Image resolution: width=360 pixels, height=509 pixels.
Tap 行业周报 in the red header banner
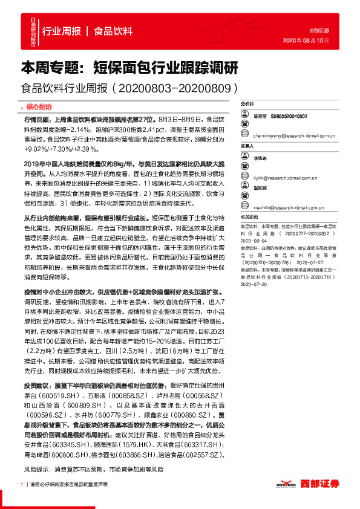(x=61, y=31)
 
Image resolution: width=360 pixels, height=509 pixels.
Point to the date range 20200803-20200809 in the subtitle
(x=177, y=88)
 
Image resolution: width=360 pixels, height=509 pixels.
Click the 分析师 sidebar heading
(x=249, y=104)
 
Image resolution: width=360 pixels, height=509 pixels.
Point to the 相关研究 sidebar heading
(x=249, y=216)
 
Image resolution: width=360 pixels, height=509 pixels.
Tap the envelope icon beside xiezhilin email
(x=244, y=207)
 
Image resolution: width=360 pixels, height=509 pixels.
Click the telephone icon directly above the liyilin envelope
(x=244, y=167)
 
